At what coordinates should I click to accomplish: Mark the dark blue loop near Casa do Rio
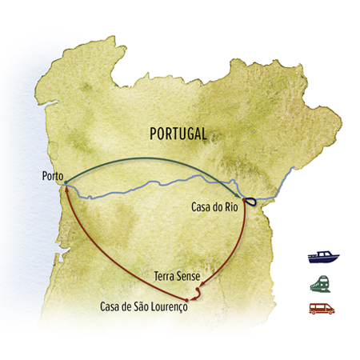click(249, 202)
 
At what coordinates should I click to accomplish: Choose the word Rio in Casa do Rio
click(235, 207)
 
